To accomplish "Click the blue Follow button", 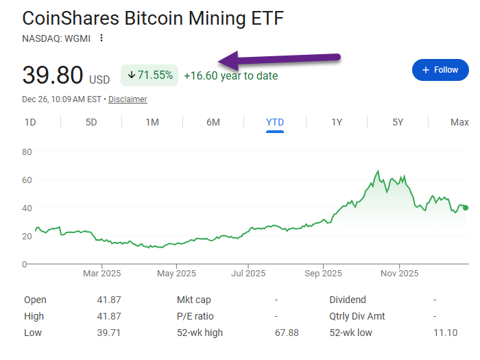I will (440, 70).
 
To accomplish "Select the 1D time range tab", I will (30, 123).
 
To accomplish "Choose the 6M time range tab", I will (213, 123).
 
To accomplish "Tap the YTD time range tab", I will (275, 123).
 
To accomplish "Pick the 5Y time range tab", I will (398, 123).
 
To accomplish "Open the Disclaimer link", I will (128, 99).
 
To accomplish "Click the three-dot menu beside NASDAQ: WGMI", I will (102, 38).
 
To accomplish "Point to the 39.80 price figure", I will (53, 75).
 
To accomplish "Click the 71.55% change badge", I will (149, 75).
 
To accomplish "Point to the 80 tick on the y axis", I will (27, 152).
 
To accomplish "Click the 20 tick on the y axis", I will (27, 236).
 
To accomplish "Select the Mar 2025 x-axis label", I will (101, 274).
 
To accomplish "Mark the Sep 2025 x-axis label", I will (323, 274).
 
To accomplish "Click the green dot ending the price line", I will (466, 208).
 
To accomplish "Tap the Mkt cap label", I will (195, 300).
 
